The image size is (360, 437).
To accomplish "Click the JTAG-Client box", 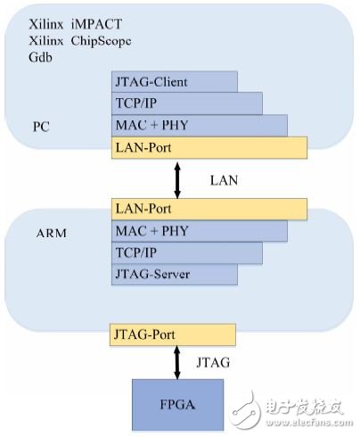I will (x=173, y=81).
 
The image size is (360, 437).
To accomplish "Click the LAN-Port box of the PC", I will (x=209, y=145).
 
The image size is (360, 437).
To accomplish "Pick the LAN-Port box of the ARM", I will (x=209, y=210).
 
